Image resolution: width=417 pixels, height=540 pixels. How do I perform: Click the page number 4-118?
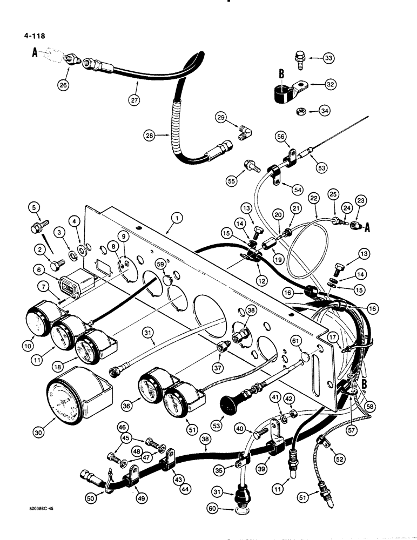(x=31, y=37)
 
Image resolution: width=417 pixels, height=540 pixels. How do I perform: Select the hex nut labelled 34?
(x=298, y=112)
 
